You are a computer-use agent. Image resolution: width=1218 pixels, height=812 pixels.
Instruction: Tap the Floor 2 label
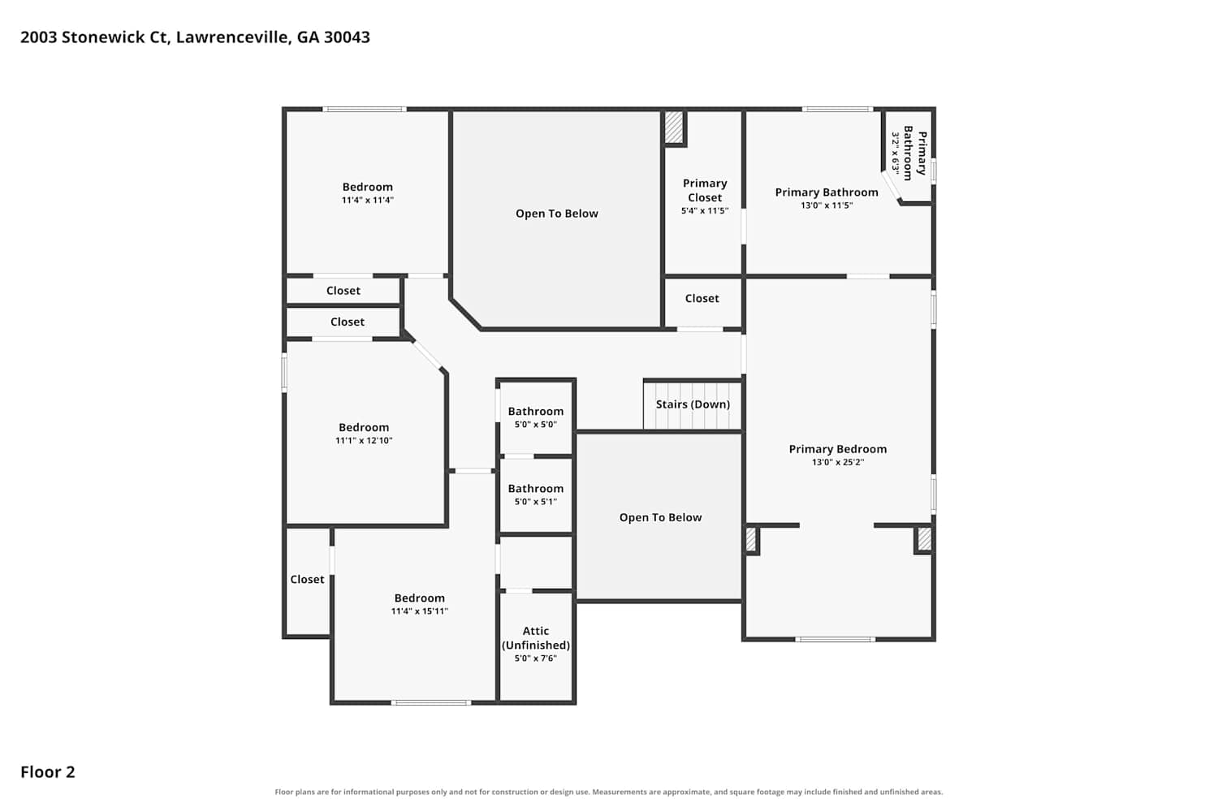[48, 771]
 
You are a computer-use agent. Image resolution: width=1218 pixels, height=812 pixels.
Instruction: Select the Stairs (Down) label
[693, 404]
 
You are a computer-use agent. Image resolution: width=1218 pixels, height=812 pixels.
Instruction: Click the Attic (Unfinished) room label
[536, 638]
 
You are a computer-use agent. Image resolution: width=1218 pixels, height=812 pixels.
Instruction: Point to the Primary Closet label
[705, 190]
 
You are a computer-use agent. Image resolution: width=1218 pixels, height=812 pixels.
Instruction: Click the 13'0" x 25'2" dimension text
[838, 462]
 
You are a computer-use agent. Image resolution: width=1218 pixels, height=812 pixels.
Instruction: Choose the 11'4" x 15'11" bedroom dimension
[420, 611]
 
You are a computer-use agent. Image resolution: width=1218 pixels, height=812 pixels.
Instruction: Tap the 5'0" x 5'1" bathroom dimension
[536, 502]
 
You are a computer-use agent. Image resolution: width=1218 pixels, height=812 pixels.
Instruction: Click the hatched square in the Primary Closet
[674, 127]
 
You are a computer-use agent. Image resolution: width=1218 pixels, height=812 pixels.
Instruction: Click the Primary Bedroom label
[838, 449]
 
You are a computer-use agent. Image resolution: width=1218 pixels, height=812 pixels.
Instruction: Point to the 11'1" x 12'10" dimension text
[364, 441]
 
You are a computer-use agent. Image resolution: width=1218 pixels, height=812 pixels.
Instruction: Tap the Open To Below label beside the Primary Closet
[557, 214]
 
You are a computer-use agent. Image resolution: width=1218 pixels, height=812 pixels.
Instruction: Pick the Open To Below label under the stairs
[661, 518]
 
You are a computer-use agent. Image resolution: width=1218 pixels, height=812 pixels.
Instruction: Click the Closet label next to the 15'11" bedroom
[307, 580]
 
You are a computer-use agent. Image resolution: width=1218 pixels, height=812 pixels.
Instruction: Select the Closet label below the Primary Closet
[702, 299]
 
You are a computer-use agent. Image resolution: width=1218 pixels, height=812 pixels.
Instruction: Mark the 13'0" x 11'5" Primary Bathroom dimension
[827, 205]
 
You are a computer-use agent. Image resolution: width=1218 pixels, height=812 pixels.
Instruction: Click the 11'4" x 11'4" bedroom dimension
[368, 200]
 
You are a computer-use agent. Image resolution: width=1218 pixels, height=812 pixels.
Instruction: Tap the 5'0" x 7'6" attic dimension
[536, 659]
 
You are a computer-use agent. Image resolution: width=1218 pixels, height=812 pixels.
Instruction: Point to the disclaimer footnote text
[609, 792]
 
